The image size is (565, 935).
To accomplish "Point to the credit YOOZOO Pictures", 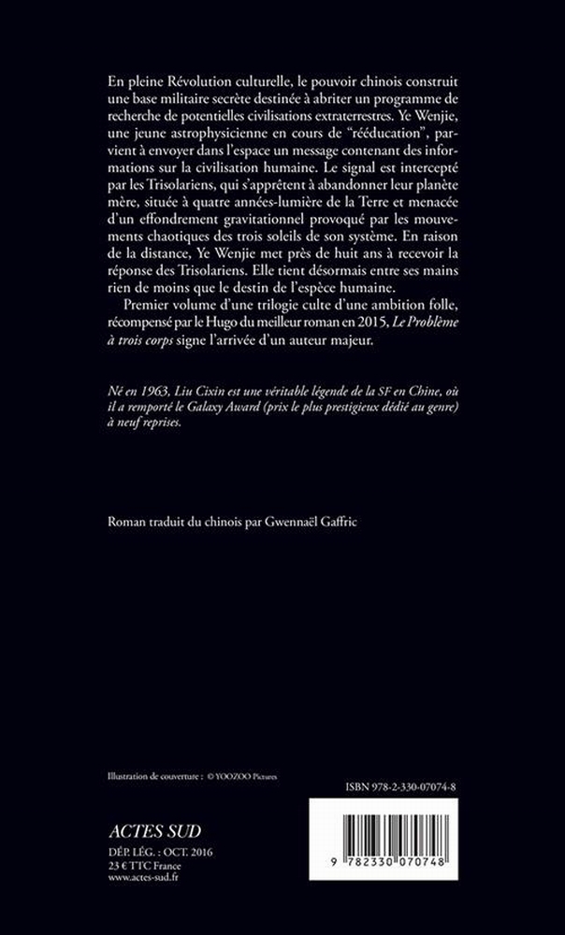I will [247, 776].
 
